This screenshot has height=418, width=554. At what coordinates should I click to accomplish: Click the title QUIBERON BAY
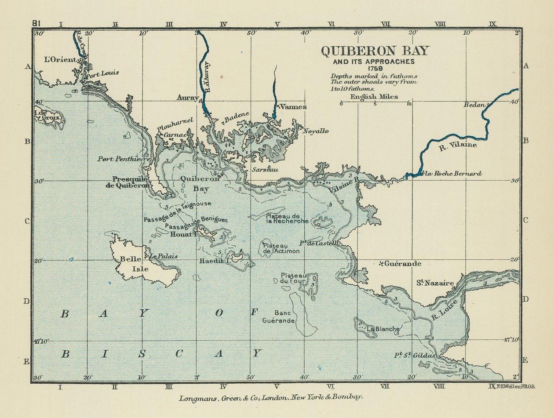click(x=375, y=51)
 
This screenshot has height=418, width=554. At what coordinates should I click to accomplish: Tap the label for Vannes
click(x=293, y=107)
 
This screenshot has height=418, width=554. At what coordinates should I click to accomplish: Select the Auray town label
click(x=187, y=98)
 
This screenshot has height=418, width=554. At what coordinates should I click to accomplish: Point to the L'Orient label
click(x=60, y=59)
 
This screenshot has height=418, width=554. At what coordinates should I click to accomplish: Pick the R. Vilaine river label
click(x=458, y=145)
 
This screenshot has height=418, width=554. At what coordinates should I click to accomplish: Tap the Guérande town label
click(x=403, y=264)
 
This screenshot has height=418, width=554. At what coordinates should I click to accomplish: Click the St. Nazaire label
click(x=435, y=283)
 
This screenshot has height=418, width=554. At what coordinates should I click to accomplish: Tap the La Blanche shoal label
click(x=383, y=329)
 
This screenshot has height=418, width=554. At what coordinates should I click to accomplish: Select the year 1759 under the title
click(x=375, y=68)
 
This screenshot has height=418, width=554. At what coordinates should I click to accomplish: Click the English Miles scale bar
click(x=375, y=104)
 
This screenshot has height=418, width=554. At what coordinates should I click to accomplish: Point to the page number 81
click(x=37, y=23)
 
